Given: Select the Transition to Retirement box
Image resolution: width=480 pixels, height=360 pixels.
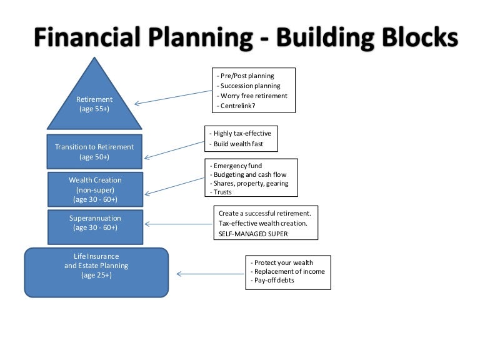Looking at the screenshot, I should [x=94, y=152].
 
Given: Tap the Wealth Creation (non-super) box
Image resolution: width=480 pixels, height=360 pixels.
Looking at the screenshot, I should [x=95, y=189].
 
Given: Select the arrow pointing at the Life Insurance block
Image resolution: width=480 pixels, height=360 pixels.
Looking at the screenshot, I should [x=209, y=273].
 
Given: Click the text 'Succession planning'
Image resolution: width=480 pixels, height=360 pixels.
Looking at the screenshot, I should [x=249, y=86].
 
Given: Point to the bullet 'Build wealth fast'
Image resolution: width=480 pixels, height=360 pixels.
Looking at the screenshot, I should [x=239, y=144].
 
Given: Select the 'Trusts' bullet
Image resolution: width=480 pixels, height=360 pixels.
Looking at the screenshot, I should [x=226, y=192].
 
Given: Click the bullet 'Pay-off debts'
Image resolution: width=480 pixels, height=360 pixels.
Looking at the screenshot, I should [x=273, y=281].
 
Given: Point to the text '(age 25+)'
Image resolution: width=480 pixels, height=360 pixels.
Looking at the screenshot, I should [x=96, y=275].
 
